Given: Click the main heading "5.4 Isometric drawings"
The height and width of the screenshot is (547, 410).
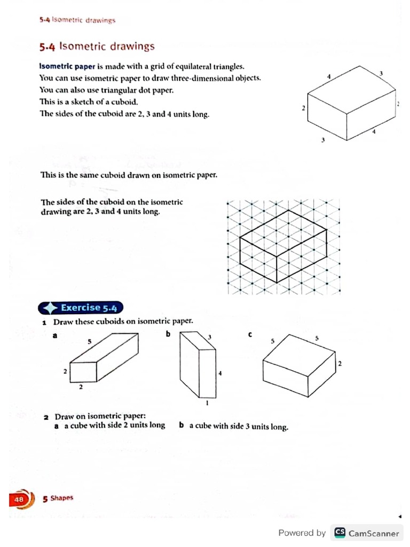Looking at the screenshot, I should tap(97, 46).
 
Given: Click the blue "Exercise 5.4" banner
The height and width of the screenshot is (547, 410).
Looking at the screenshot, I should tap(81, 308).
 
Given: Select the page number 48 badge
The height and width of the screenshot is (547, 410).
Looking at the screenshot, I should tap(19, 499).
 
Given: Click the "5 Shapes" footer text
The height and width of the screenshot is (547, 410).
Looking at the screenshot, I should tap(58, 498).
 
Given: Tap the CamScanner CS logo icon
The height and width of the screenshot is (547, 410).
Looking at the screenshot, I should tap(339, 533).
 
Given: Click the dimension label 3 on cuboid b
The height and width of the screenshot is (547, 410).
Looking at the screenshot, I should tap(210, 337).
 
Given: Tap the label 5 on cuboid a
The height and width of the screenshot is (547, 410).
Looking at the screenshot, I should tap(90, 341).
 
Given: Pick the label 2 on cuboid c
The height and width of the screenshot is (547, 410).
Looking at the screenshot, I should tap(340, 364).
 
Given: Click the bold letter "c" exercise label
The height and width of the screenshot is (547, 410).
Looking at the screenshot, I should tap(250, 334).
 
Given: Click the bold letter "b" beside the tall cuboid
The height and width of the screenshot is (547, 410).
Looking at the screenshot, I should tap(168, 334).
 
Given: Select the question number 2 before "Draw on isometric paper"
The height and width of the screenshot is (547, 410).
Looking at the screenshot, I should tap(46, 417).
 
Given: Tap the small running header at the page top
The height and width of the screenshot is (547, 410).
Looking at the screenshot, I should tap(77, 20).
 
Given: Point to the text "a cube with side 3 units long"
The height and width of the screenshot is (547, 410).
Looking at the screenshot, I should tap(239, 426).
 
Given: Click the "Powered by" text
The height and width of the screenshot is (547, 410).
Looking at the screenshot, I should tap(302, 533).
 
